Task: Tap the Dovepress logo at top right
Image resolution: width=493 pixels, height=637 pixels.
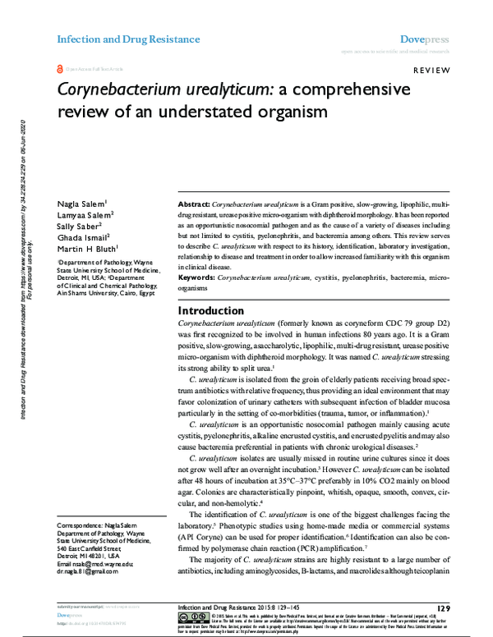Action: [424, 39]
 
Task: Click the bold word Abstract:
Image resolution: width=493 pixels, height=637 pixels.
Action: [197, 203]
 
